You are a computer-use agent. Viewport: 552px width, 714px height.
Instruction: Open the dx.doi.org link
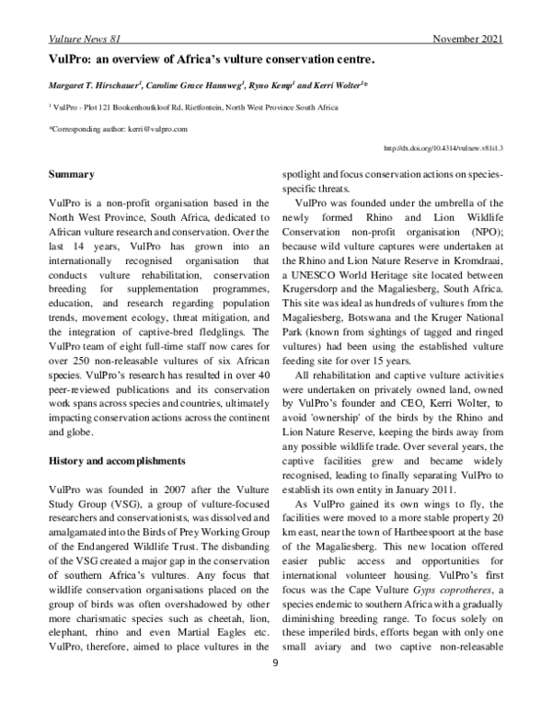[x=442, y=147]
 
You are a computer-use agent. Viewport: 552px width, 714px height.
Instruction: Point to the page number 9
[x=275, y=686]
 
